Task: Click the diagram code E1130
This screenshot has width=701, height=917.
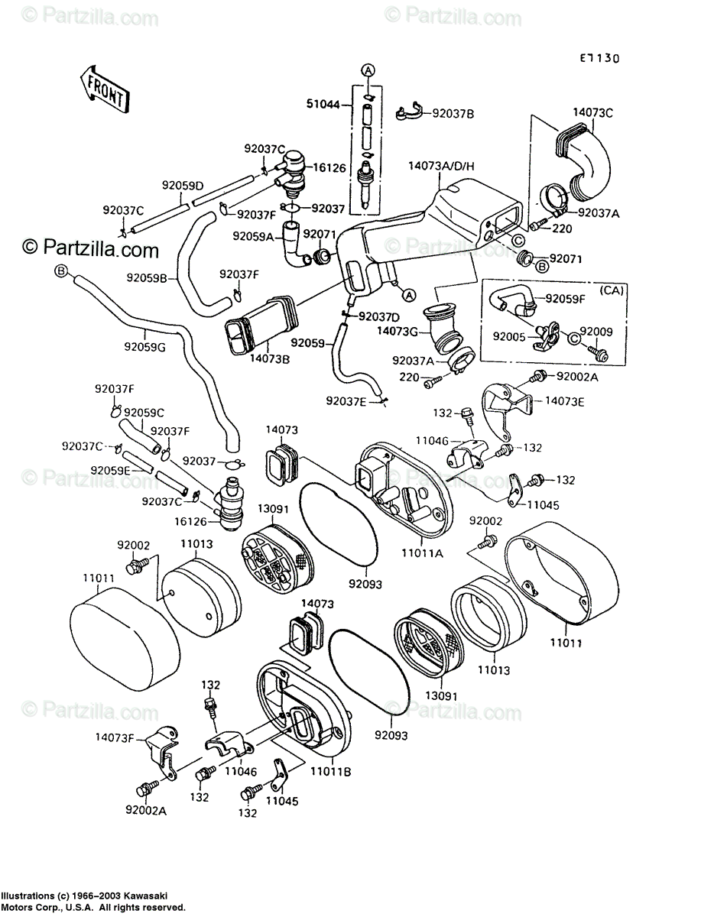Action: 599,59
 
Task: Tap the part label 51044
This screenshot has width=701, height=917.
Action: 323,104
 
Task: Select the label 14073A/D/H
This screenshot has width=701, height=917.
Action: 442,167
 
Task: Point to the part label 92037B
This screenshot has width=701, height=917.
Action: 453,114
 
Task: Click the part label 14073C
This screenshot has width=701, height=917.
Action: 592,113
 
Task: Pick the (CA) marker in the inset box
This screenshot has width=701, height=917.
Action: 612,290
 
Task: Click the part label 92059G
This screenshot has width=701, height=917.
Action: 144,347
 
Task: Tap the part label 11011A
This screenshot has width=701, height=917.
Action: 422,553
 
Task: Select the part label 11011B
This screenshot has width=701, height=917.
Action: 331,772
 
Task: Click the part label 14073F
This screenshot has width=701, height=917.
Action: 115,737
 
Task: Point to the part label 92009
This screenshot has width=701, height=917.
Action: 596,332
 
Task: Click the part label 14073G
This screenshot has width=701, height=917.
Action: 398,331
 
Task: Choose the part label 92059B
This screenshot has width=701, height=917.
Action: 148,278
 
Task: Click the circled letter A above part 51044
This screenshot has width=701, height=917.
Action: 368,70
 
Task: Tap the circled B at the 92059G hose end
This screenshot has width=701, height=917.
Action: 61,271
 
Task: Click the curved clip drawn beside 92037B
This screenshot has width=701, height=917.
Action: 409,111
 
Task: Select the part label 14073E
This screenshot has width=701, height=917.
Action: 565,401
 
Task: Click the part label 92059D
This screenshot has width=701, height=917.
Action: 183,186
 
